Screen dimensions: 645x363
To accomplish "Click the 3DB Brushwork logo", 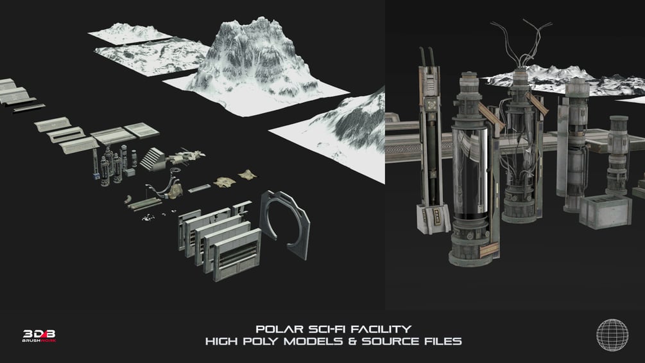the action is (39, 335).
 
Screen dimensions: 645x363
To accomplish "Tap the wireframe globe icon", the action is (612, 335).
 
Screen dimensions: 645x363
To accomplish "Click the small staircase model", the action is (151, 159).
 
